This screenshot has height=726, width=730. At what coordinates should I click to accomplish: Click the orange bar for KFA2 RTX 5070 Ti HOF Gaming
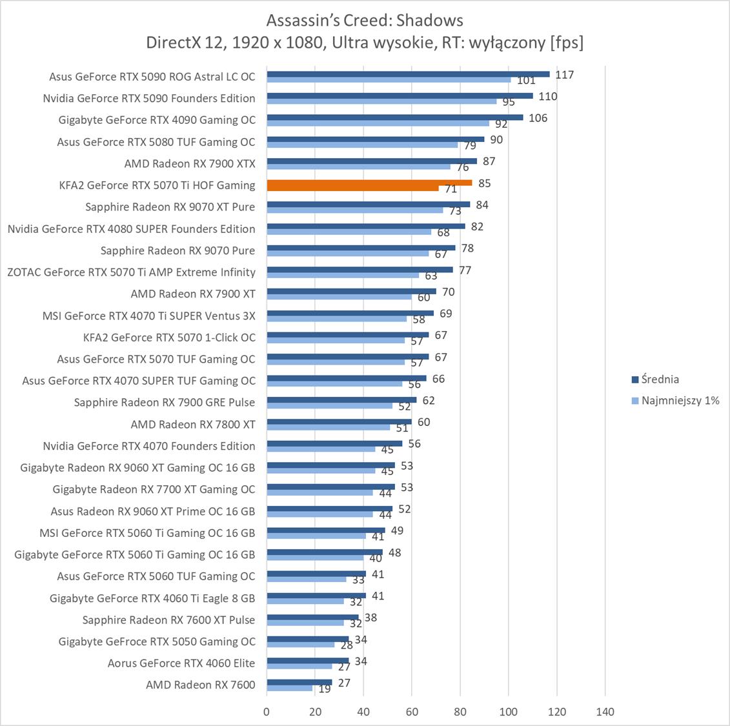369,183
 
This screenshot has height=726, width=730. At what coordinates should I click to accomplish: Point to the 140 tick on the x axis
605,712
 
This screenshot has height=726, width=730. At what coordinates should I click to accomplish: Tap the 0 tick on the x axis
267,712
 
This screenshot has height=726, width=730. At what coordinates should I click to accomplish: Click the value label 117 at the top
564,75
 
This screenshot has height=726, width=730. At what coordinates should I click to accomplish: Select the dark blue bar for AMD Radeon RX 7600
299,682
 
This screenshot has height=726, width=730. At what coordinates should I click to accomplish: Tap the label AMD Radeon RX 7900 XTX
190,163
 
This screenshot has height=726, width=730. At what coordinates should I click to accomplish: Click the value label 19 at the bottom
325,689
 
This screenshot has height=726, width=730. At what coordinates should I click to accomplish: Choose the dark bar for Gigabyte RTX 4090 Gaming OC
394,117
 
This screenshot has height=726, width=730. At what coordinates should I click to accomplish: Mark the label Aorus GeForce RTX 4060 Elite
181,663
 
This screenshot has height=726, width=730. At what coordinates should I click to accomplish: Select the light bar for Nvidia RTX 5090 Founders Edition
381,101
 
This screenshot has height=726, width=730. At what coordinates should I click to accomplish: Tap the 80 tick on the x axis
460,712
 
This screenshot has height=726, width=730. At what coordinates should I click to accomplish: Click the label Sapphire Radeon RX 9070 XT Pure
170,207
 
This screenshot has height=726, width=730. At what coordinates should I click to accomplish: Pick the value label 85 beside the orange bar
484,183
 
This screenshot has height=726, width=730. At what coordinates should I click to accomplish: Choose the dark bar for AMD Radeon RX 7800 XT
339,421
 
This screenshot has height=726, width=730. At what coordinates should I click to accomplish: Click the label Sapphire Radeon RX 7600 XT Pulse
168,620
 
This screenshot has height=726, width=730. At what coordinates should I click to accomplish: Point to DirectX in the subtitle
173,43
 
